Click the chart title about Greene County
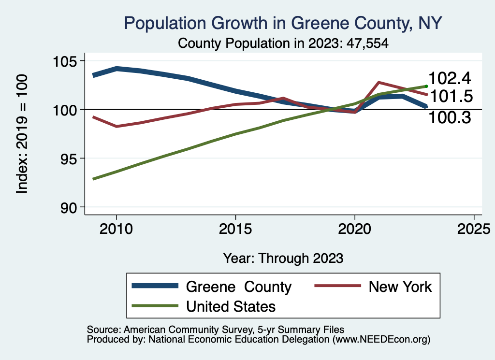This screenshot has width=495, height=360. click(283, 23)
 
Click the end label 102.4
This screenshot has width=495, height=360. click(450, 79)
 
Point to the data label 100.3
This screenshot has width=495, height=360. click(450, 117)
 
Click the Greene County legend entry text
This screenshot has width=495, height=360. click(238, 287)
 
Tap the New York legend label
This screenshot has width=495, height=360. click(400, 287)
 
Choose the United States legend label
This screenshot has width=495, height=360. click(231, 306)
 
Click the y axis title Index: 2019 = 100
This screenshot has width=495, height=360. click(22, 134)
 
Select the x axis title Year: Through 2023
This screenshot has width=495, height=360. click(283, 258)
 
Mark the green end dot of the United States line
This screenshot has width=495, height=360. click(426, 86)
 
